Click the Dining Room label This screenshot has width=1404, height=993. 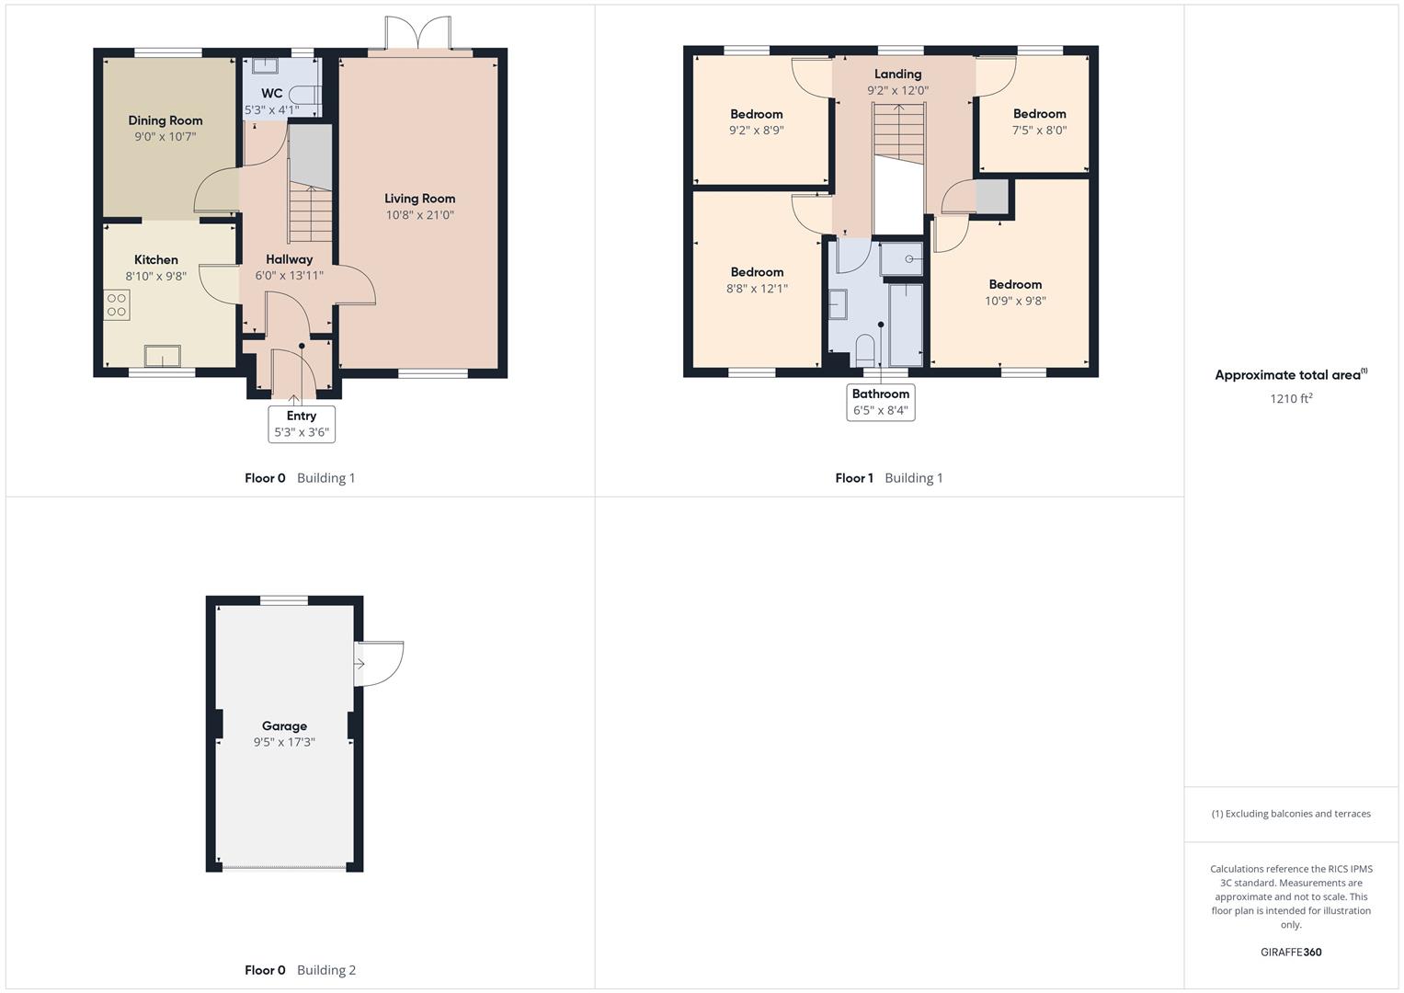(x=166, y=120)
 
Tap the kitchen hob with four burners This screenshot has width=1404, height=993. (x=117, y=305)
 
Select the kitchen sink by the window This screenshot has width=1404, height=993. (x=163, y=356)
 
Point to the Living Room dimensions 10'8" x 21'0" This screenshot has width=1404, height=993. (x=420, y=215)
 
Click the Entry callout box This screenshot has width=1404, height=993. (x=302, y=424)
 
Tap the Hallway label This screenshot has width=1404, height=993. (x=289, y=259)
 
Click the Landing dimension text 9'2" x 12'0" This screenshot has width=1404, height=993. (x=897, y=90)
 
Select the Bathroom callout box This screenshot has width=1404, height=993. (x=881, y=402)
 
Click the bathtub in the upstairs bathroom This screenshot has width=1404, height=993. (x=906, y=325)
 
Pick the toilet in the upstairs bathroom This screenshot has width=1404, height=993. (x=865, y=351)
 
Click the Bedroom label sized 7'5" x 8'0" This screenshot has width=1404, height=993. (x=1039, y=113)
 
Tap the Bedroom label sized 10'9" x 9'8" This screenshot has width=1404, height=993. (x=1015, y=284)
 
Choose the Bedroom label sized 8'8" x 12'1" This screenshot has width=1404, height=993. (x=757, y=272)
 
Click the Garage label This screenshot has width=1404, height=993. (x=284, y=726)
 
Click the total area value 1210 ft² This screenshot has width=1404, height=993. (x=1291, y=398)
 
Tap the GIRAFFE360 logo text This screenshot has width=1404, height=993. (x=1291, y=953)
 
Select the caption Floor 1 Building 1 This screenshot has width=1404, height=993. (x=889, y=478)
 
